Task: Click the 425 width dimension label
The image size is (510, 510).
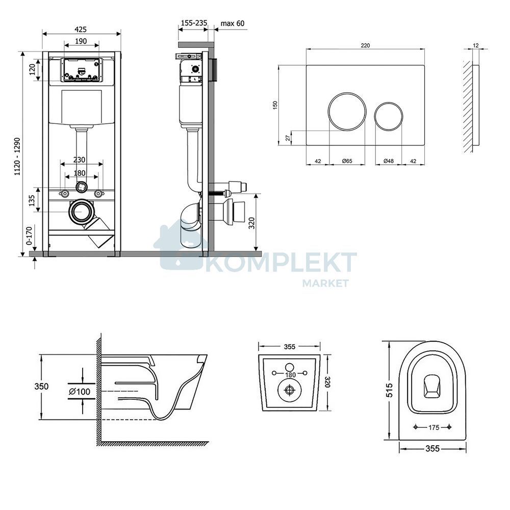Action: [81, 30]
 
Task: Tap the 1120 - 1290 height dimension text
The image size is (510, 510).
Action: [17, 157]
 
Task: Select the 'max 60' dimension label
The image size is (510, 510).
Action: [232, 23]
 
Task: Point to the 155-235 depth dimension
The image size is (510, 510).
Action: [194, 23]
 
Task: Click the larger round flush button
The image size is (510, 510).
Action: [347, 112]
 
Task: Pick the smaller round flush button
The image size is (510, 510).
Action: [389, 116]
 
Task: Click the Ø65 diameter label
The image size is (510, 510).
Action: [347, 161]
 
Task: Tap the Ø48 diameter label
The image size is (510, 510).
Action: [388, 161]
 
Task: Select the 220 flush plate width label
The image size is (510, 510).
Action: [365, 45]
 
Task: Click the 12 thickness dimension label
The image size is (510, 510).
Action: [475, 45]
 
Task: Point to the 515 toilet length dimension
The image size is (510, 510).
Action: [389, 390]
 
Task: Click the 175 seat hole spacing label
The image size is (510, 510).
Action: [433, 427]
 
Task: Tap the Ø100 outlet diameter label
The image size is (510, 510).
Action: [80, 391]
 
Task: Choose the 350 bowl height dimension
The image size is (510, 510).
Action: [42, 386]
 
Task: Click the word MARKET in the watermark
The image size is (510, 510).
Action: [325, 283]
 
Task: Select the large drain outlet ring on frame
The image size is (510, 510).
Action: [81, 212]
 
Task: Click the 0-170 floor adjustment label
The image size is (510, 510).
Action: [29, 236]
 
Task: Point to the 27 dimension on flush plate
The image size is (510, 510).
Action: [288, 138]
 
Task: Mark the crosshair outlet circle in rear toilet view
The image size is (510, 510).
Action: [289, 389]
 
